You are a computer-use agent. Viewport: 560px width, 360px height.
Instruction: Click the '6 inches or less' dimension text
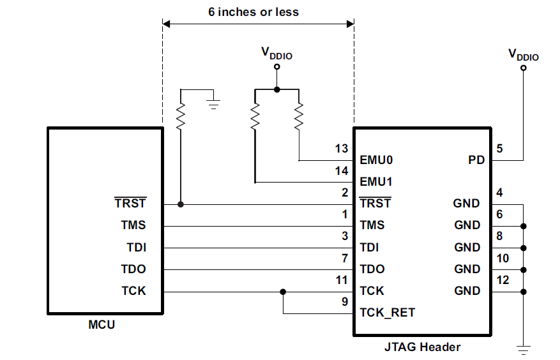[x=253, y=11]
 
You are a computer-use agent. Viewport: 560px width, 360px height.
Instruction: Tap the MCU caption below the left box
[x=102, y=325]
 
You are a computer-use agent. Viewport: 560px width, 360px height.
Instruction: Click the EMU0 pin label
[x=376, y=160]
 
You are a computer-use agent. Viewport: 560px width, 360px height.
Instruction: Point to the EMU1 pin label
[x=376, y=182]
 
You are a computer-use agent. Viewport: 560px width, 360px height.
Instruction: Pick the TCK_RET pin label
[x=388, y=313]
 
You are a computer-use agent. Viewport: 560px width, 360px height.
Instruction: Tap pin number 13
[x=342, y=149]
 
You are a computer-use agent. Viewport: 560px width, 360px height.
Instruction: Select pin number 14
[x=342, y=171]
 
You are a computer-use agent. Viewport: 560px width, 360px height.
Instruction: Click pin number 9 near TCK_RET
[x=345, y=302]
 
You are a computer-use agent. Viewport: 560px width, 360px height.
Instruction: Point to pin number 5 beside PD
[x=499, y=149]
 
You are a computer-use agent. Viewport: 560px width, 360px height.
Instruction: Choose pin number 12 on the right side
[x=503, y=280]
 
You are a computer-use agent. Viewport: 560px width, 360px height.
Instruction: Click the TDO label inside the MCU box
[x=133, y=269]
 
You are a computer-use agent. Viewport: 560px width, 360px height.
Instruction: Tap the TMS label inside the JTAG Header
[x=373, y=225]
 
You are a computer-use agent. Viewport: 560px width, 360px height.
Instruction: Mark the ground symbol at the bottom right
[x=524, y=349]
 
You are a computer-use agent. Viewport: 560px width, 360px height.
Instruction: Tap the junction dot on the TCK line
[x=283, y=292]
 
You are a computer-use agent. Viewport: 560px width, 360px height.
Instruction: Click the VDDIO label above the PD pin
[x=523, y=55]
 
